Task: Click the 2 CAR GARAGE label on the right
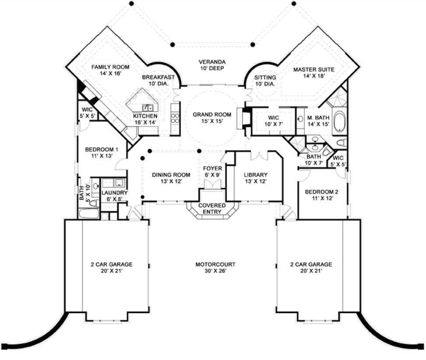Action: (311, 265)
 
